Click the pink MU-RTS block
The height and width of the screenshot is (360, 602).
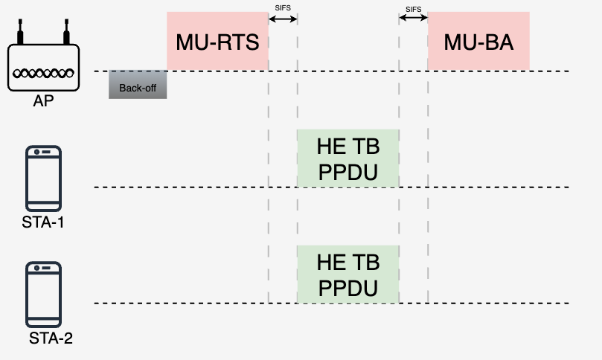click(217, 42)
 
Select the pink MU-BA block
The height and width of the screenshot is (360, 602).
click(478, 42)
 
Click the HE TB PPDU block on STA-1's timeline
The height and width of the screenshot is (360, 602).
click(348, 158)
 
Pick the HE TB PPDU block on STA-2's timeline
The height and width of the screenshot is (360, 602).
click(348, 274)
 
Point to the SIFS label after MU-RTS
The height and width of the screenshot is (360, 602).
click(283, 8)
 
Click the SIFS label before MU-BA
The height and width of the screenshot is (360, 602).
click(414, 10)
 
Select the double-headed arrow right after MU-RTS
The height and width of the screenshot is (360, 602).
click(283, 19)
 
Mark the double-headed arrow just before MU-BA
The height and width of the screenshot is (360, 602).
click(414, 17)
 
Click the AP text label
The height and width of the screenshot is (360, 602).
click(43, 101)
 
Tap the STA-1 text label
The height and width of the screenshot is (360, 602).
click(43, 222)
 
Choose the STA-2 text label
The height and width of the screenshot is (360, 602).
click(51, 338)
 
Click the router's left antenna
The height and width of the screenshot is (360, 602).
click(20, 32)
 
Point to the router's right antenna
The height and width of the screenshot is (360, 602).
click(66, 32)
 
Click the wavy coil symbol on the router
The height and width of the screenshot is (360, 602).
click(43, 73)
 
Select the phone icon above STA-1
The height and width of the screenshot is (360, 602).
click(43, 178)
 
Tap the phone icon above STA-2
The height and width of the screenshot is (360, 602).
click(43, 295)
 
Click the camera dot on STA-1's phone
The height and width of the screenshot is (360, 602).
click(37, 152)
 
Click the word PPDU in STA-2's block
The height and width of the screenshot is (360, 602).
click(348, 289)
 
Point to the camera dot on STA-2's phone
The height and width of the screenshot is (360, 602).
click(37, 268)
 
